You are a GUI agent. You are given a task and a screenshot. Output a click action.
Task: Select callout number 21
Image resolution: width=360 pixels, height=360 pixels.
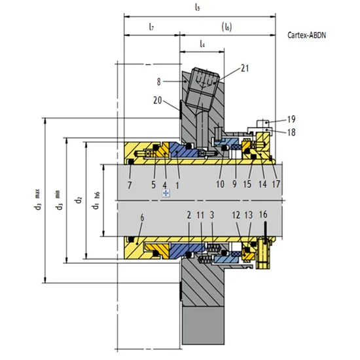pos(245,67)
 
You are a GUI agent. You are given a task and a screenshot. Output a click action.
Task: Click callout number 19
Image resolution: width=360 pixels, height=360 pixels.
pos(291,119)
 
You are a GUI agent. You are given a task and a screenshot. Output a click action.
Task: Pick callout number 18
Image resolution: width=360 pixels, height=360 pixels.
pos(291,132)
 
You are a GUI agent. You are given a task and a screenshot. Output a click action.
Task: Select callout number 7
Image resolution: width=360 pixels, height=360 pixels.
pos(131,185)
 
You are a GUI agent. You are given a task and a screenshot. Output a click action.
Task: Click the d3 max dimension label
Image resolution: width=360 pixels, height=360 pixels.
pos(39,200)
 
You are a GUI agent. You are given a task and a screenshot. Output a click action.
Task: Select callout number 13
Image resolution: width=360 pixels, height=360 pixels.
pos(248,215)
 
